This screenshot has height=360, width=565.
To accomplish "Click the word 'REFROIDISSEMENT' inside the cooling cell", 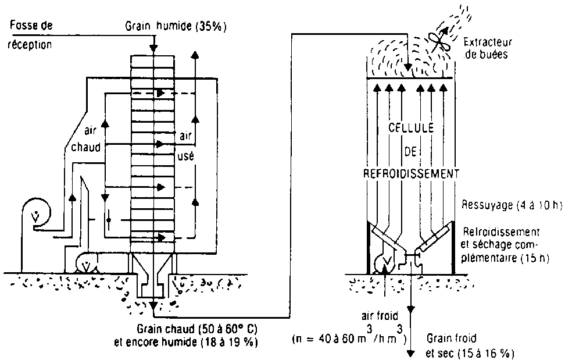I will coord(412,173).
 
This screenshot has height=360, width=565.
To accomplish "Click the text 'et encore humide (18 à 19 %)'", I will coord(187,342).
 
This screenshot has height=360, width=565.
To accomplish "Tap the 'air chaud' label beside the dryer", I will coord(86,140).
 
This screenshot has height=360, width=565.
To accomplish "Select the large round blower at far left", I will coord(35,216).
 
